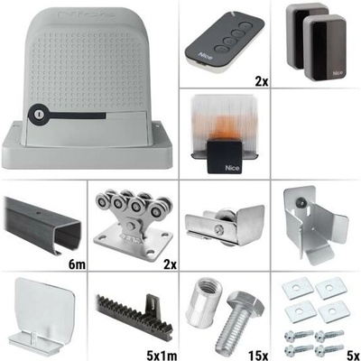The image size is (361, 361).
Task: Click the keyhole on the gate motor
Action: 38,114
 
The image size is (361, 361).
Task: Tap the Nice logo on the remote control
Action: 205,56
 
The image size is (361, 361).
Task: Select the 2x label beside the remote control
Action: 262,81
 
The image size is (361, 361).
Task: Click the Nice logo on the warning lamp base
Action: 232,168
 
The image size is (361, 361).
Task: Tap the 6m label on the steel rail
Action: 77,264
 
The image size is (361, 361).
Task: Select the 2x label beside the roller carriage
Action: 170,264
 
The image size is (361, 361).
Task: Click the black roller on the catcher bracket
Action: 300,202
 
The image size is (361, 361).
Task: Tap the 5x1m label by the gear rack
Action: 161,355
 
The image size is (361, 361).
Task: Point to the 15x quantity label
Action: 258,355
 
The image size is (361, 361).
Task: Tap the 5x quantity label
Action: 353,355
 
